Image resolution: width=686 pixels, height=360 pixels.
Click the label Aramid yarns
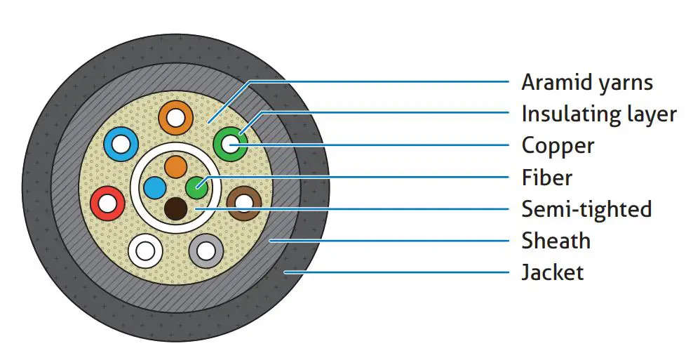(586, 83)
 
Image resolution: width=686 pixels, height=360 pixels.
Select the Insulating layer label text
(598, 114)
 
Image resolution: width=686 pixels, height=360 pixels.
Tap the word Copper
(558, 146)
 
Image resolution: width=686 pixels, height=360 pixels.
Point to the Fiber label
(546, 178)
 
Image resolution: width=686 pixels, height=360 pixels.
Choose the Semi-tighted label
(586, 209)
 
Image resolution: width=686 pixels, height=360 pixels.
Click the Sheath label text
(556, 241)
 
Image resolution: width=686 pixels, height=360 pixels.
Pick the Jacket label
(552, 272)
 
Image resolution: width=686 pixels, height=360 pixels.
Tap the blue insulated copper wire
(120, 145)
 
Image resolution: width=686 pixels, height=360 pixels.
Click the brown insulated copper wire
(244, 203)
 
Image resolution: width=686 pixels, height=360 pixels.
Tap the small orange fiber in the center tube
(175, 167)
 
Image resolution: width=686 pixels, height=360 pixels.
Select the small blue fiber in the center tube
(155, 188)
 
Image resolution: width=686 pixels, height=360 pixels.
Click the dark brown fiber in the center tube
(175, 208)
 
